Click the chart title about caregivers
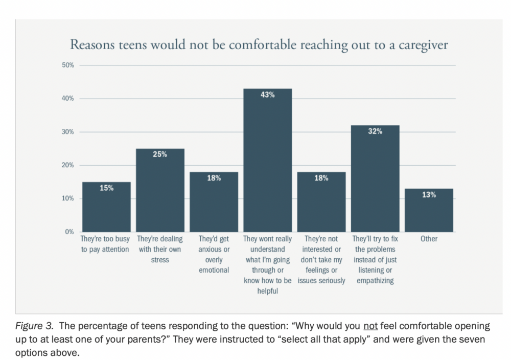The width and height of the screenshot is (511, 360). click(259, 45)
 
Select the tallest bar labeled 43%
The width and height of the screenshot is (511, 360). click(267, 164)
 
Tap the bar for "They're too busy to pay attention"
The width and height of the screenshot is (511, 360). click(106, 210)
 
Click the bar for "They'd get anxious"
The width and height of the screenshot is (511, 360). click(214, 205)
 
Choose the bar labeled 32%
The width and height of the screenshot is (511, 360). click(375, 182)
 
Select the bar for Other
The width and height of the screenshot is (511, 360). click(429, 212)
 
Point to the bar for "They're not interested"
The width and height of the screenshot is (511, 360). click(321, 205)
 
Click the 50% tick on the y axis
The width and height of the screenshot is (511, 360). click(68, 65)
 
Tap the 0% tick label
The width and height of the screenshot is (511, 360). click(70, 232)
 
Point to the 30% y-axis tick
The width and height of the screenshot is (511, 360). click(68, 132)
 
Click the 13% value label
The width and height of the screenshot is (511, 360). click(429, 195)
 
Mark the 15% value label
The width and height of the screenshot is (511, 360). click(106, 188)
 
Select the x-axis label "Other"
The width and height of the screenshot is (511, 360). click(429, 239)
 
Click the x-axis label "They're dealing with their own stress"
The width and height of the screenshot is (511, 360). click(160, 249)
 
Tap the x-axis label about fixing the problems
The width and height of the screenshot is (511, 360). click(375, 260)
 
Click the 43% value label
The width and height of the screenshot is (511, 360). click(267, 95)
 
